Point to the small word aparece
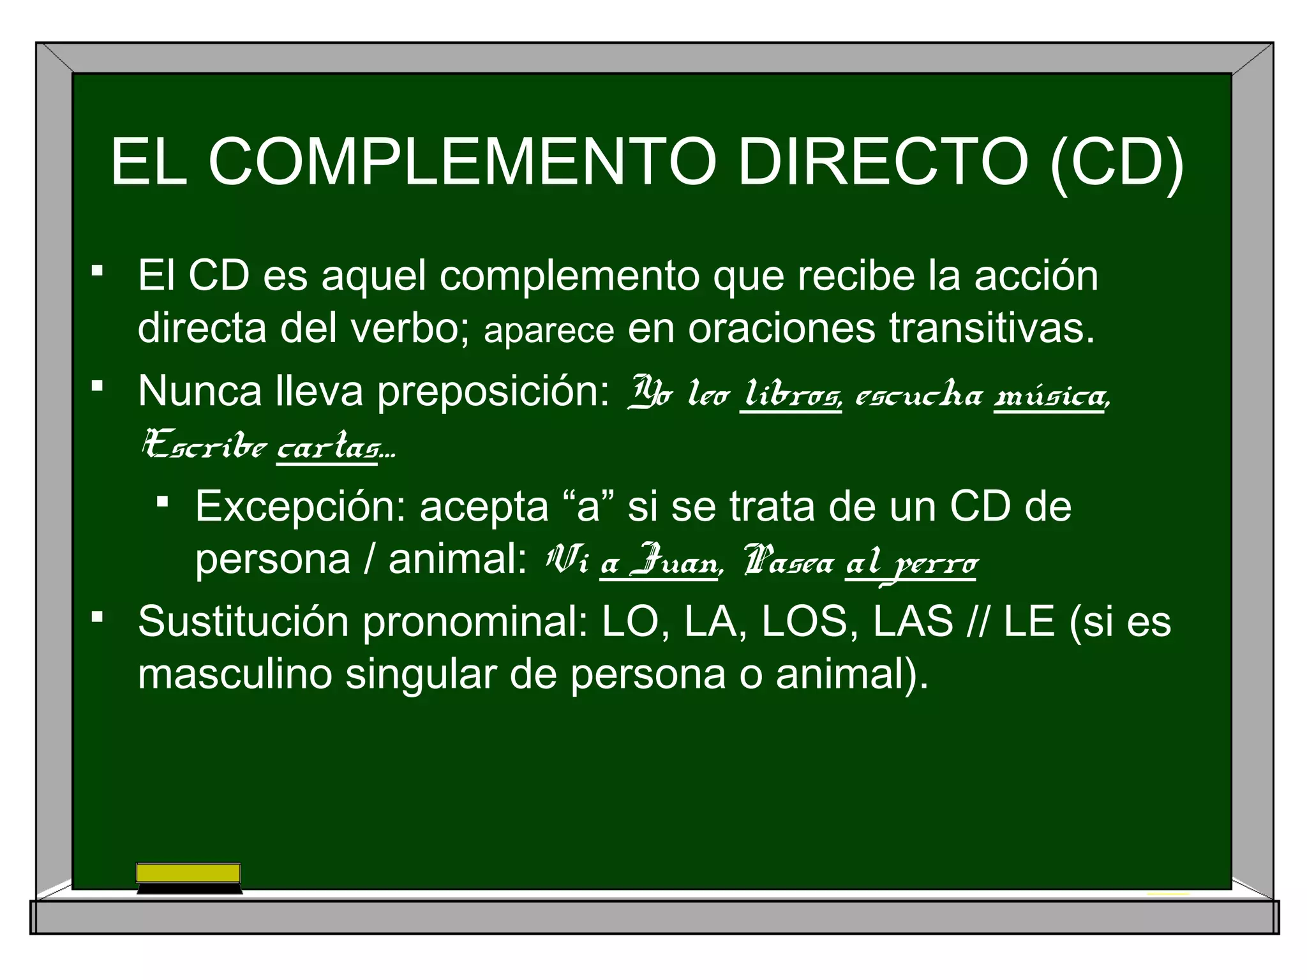pyautogui.click(x=549, y=330)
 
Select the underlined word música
pyautogui.click(x=1050, y=396)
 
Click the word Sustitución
pyautogui.click(x=243, y=621)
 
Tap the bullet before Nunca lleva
pyautogui.click(x=97, y=386)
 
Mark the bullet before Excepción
pyautogui.click(x=162, y=501)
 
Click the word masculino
pyautogui.click(x=235, y=674)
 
